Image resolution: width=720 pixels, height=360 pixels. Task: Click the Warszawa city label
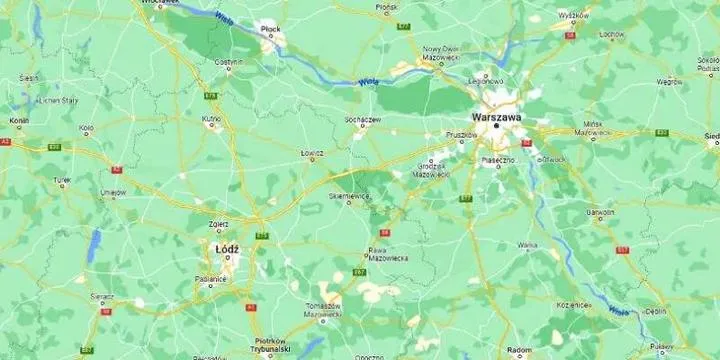click(496, 116)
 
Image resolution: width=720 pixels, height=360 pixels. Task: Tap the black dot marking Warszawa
click(496, 126)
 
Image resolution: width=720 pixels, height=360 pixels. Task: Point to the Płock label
click(270, 30)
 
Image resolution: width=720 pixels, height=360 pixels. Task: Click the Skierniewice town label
click(350, 196)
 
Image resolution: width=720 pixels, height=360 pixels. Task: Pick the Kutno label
click(211, 118)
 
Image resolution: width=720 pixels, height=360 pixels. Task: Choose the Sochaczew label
click(363, 120)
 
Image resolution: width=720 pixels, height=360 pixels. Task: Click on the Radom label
click(519, 350)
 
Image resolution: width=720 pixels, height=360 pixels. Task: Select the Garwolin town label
click(600, 212)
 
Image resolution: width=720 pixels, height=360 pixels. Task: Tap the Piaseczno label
click(498, 160)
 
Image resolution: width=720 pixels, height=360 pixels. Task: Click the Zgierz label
click(219, 224)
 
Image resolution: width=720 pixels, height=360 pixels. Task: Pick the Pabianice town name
click(211, 279)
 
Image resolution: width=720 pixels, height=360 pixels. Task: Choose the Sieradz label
click(102, 296)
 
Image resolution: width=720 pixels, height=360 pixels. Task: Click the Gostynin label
click(228, 61)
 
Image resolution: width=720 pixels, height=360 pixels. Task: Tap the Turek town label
click(63, 181)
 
